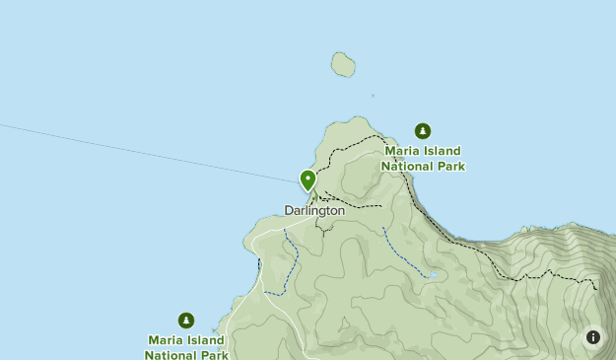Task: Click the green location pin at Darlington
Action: pyautogui.click(x=308, y=180)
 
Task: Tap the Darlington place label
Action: pyautogui.click(x=314, y=210)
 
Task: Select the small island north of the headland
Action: pyautogui.click(x=343, y=65)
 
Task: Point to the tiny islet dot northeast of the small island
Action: pyautogui.click(x=373, y=96)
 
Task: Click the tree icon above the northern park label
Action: pyautogui.click(x=423, y=131)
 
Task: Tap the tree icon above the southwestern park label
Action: pyautogui.click(x=186, y=320)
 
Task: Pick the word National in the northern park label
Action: pyautogui.click(x=406, y=166)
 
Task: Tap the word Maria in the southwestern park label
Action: pyautogui.click(x=166, y=340)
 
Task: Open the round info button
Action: pyautogui.click(x=593, y=337)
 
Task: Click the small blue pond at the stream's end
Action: pyautogui.click(x=432, y=276)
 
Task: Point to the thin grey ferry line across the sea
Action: pyautogui.click(x=148, y=153)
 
